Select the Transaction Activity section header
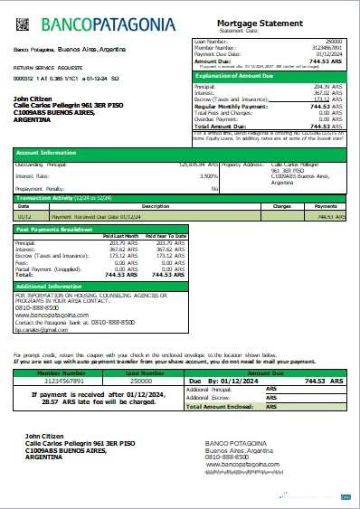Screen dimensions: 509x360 click(63, 197)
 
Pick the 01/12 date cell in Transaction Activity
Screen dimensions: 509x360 click(25, 217)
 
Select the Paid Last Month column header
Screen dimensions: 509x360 click(121, 236)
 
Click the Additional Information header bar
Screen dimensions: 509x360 click(55, 286)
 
